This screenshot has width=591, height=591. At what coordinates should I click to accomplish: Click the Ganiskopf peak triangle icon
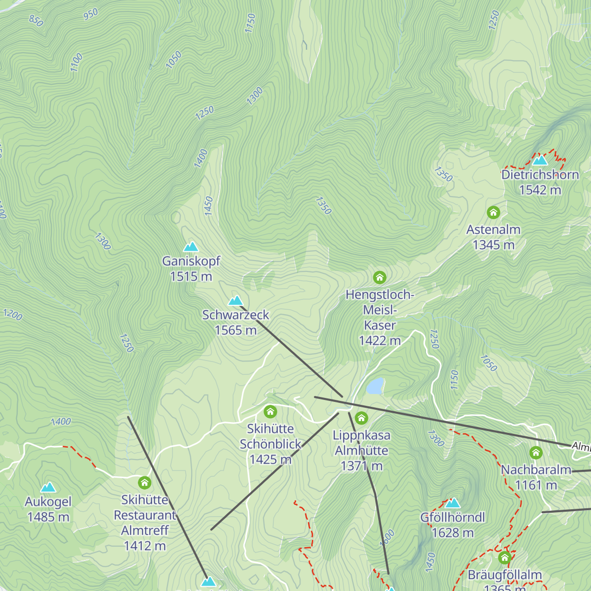(x=191, y=247)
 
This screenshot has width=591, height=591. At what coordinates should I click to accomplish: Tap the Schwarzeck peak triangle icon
(x=236, y=300)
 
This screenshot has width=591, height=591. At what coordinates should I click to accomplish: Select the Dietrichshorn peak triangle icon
(x=540, y=160)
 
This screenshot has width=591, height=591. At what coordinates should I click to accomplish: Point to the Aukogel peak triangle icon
(x=48, y=488)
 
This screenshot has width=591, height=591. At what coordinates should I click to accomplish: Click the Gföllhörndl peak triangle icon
(x=453, y=503)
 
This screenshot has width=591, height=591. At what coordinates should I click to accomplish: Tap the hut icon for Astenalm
(x=493, y=212)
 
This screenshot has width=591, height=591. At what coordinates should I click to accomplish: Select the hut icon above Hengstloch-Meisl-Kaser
(x=379, y=277)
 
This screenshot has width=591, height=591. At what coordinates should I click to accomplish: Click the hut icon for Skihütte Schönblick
(x=270, y=411)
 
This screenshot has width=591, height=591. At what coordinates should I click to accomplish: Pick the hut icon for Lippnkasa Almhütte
(x=361, y=418)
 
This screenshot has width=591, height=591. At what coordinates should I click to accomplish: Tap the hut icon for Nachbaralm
(x=536, y=453)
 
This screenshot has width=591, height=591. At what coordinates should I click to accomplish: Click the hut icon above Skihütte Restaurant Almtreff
(x=144, y=482)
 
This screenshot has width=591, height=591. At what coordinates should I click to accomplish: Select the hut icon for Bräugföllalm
(x=504, y=558)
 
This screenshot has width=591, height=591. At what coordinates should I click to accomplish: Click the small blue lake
(x=375, y=387)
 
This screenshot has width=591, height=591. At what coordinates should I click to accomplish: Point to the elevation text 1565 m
(x=235, y=330)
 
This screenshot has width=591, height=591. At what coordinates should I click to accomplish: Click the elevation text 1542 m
(x=540, y=190)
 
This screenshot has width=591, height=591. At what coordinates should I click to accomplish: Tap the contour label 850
(x=36, y=20)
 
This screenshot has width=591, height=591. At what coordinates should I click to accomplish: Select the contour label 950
(x=91, y=15)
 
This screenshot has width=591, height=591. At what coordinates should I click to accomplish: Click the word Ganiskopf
(x=191, y=261)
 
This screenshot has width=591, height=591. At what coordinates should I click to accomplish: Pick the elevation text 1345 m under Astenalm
(x=493, y=244)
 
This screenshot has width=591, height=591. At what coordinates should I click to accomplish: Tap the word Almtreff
(x=145, y=530)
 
